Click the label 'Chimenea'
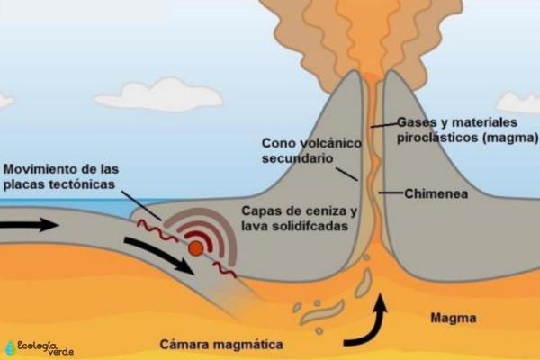pos(436,193)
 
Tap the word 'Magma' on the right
pos(454,318)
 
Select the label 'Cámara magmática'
pos(221,344)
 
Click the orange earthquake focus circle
pos(196,248)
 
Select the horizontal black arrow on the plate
pos(30,225)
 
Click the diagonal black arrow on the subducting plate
pos(159,256)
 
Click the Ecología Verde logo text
pos(46,347)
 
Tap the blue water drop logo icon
pos(10,348)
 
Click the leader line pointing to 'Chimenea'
pos(391,193)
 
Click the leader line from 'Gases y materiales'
pos(384,125)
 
